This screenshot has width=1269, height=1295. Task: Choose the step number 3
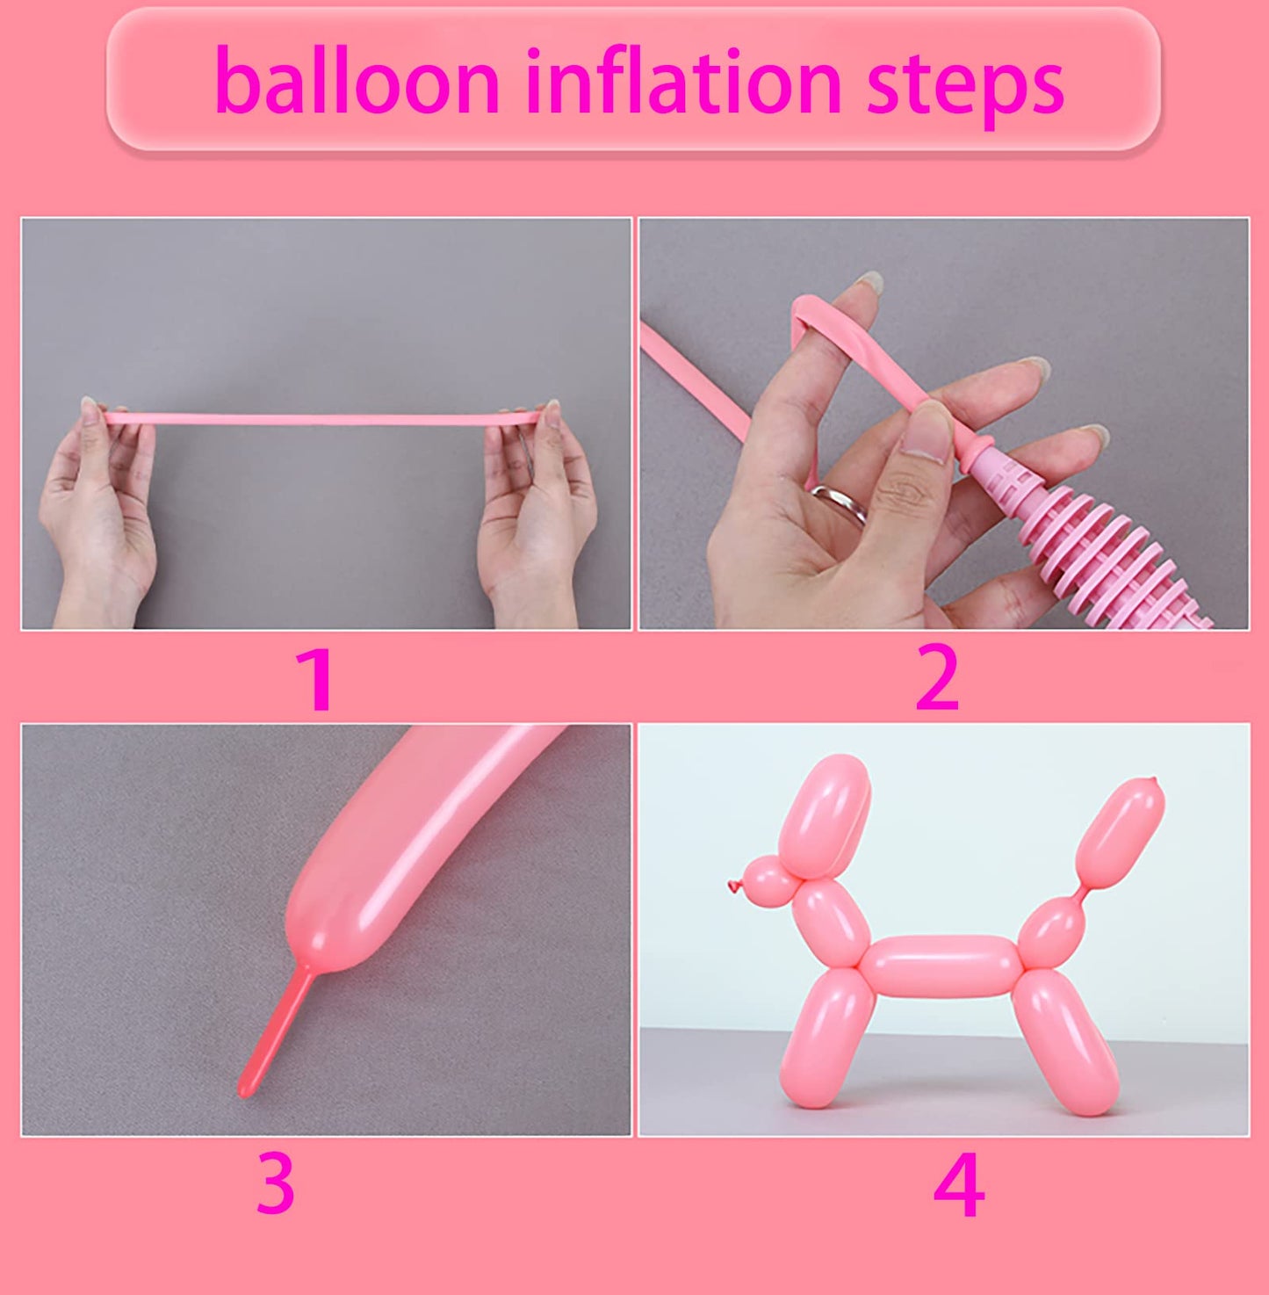[x=275, y=1184]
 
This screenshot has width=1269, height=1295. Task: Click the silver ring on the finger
[x=841, y=503]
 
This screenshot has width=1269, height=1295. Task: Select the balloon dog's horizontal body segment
[x=940, y=966]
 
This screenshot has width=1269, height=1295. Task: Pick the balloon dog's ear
[x=824, y=813]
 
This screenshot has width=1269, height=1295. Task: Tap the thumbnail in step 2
[x=926, y=434]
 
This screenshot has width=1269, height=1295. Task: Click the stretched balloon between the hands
[x=325, y=419]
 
